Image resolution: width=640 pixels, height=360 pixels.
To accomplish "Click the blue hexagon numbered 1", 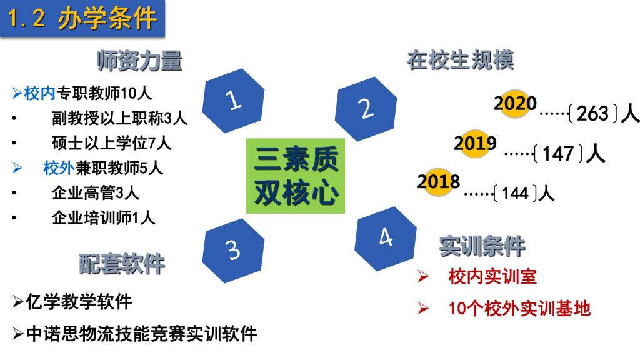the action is (233, 101).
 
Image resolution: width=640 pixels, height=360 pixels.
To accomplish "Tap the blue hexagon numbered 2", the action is (366, 109).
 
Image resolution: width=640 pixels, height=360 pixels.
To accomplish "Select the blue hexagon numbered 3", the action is (233, 250).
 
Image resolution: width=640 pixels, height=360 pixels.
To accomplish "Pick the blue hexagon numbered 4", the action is (386, 238).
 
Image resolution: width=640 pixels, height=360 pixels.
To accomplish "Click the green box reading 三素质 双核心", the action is (296, 176).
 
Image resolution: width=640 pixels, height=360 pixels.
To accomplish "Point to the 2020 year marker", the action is (515, 103).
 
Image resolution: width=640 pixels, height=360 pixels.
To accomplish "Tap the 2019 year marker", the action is (475, 143).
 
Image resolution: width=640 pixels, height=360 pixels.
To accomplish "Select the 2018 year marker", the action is (438, 182).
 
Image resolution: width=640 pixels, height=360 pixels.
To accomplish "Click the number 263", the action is (592, 113).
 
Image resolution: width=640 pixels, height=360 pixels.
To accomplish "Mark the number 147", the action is (558, 154).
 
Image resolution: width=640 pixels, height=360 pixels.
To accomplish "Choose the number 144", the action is (515, 193).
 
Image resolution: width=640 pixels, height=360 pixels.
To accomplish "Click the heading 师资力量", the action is (139, 61).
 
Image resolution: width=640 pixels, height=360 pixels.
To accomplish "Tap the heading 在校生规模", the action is (461, 60).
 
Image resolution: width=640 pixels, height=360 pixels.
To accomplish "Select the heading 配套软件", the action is (122, 264).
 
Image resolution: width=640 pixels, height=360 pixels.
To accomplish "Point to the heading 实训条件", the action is (482, 246).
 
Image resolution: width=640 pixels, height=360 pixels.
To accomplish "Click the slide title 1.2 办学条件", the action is (82, 19).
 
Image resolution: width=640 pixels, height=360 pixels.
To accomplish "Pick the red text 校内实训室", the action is (492, 277).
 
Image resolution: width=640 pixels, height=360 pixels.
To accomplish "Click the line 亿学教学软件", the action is (72, 302).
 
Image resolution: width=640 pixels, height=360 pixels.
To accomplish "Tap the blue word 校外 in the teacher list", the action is (59, 167).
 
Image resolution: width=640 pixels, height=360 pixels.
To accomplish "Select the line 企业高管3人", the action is (96, 192).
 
